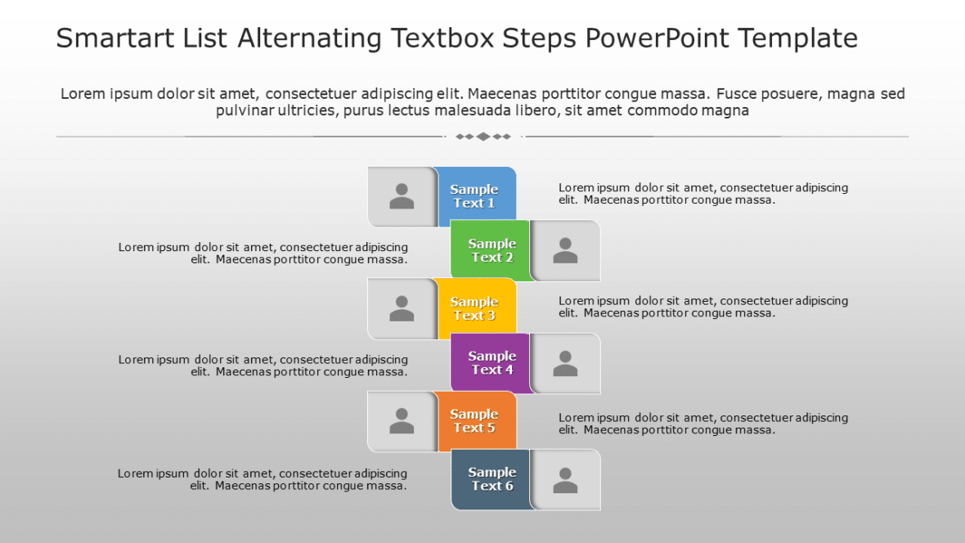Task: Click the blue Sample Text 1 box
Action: pos(475,196)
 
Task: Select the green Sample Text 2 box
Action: pos(491,250)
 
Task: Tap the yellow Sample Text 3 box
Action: pos(475,308)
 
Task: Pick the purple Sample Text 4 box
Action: pos(491,363)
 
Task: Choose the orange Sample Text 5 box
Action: pos(475,421)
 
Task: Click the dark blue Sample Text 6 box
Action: pos(491,479)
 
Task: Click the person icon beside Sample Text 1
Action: pos(402,196)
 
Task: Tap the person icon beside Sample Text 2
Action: pos(565,250)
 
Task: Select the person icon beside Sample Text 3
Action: pos(402,308)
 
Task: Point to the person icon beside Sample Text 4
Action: pos(565,363)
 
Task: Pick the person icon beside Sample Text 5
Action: pos(402,421)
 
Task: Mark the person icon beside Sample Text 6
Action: pos(565,479)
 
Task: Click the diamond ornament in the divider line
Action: pos(483,137)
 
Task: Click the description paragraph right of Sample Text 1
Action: pos(703,194)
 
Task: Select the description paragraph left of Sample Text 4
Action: pos(263,366)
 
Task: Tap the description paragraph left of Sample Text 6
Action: pos(263,479)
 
